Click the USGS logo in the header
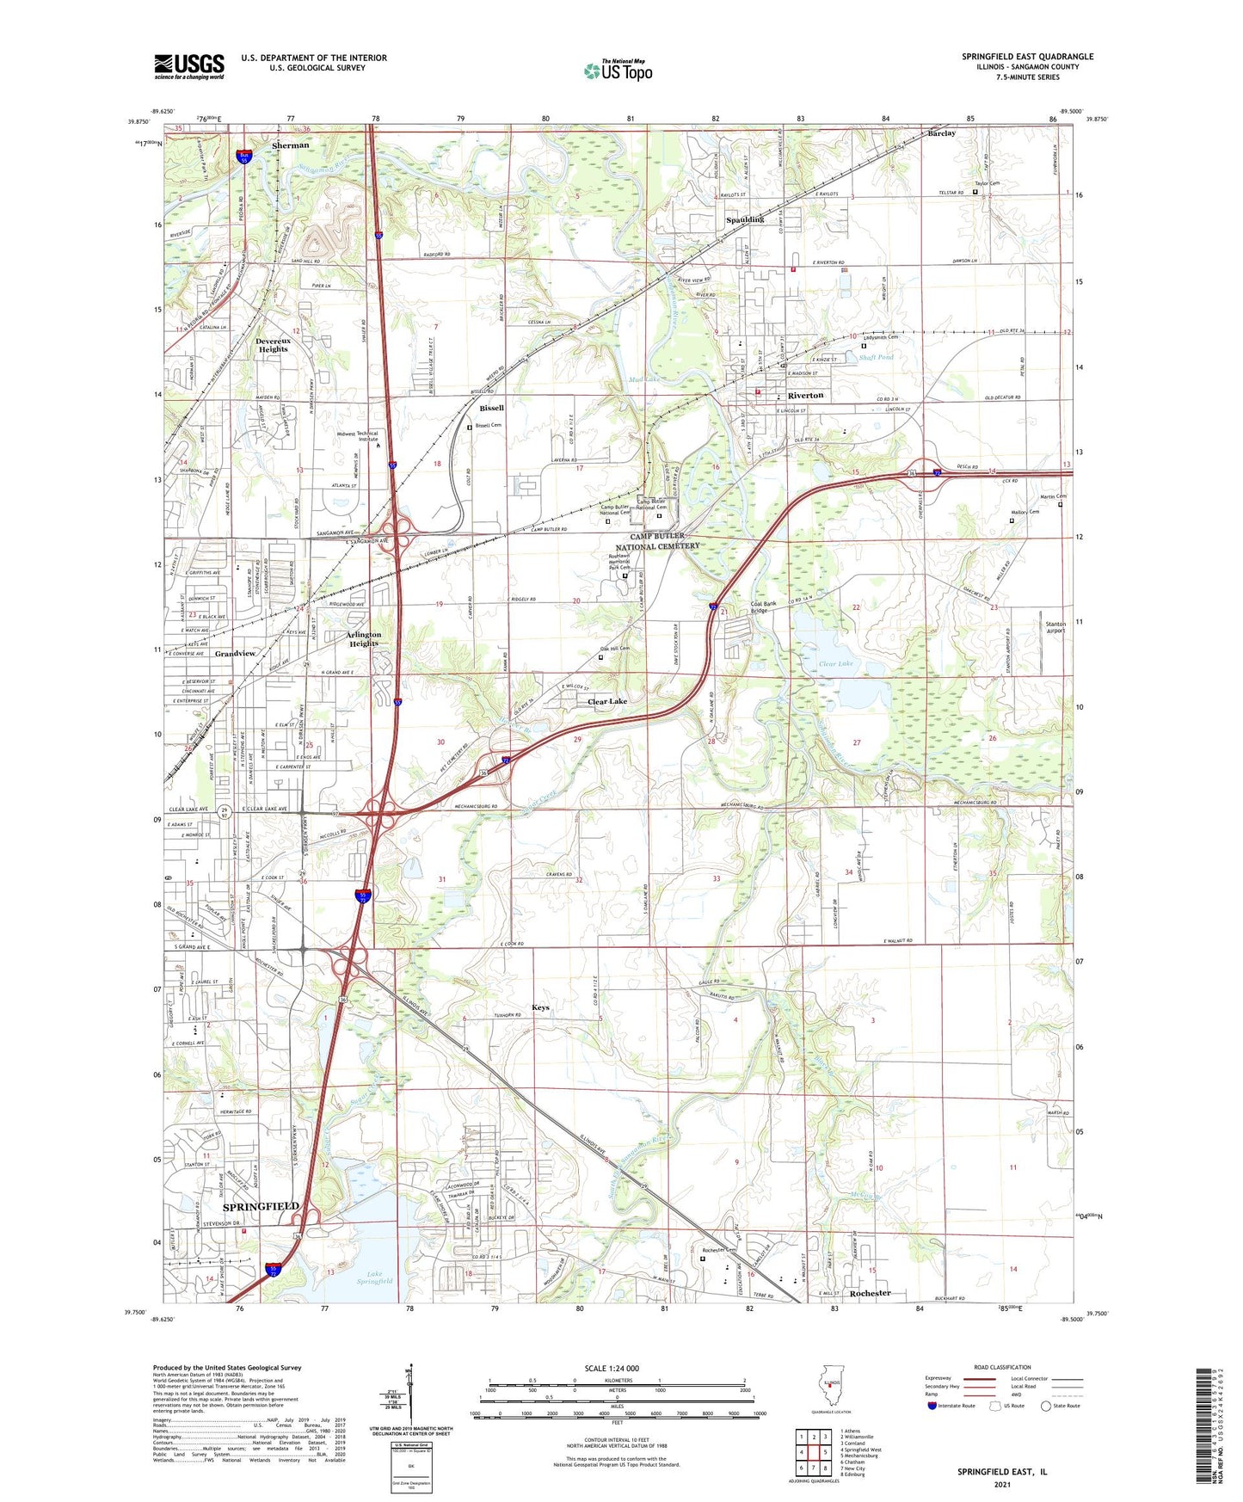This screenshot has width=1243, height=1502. [x=188, y=66]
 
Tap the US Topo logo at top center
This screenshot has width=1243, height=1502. [x=618, y=71]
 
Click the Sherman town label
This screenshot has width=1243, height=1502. [x=290, y=145]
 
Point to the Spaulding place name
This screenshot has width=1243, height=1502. [x=745, y=219]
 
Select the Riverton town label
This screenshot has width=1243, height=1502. [x=805, y=395]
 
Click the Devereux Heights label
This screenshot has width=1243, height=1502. [x=274, y=345]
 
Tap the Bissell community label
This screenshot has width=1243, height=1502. [x=492, y=408]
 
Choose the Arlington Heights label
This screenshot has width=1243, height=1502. [x=363, y=638]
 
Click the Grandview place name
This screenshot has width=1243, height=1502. [x=235, y=654]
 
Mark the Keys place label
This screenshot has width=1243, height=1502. [x=540, y=1007]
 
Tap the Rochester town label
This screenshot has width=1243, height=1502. [x=870, y=1293]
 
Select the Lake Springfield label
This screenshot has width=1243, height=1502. [x=374, y=1277]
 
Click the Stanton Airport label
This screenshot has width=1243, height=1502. [x=1055, y=627]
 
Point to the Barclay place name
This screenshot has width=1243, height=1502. [x=942, y=133]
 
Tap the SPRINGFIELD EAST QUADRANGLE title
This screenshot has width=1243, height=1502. [x=1028, y=57]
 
